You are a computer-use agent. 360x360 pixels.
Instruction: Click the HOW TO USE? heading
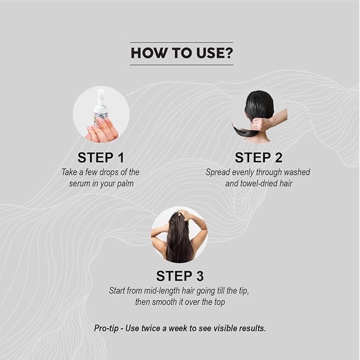click(x=182, y=53)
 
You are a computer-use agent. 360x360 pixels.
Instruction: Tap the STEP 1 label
click(x=101, y=157)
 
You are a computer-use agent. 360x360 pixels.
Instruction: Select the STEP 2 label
click(x=259, y=157)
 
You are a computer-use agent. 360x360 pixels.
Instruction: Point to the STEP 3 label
click(x=180, y=276)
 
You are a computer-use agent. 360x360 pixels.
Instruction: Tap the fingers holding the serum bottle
click(x=102, y=130)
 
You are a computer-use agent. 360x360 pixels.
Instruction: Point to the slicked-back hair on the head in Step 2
click(x=259, y=103)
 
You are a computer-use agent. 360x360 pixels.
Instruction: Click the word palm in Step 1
click(x=125, y=183)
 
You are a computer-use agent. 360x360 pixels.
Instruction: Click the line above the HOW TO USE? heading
click(x=182, y=42)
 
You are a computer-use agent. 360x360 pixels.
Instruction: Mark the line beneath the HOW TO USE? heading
click(x=182, y=65)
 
